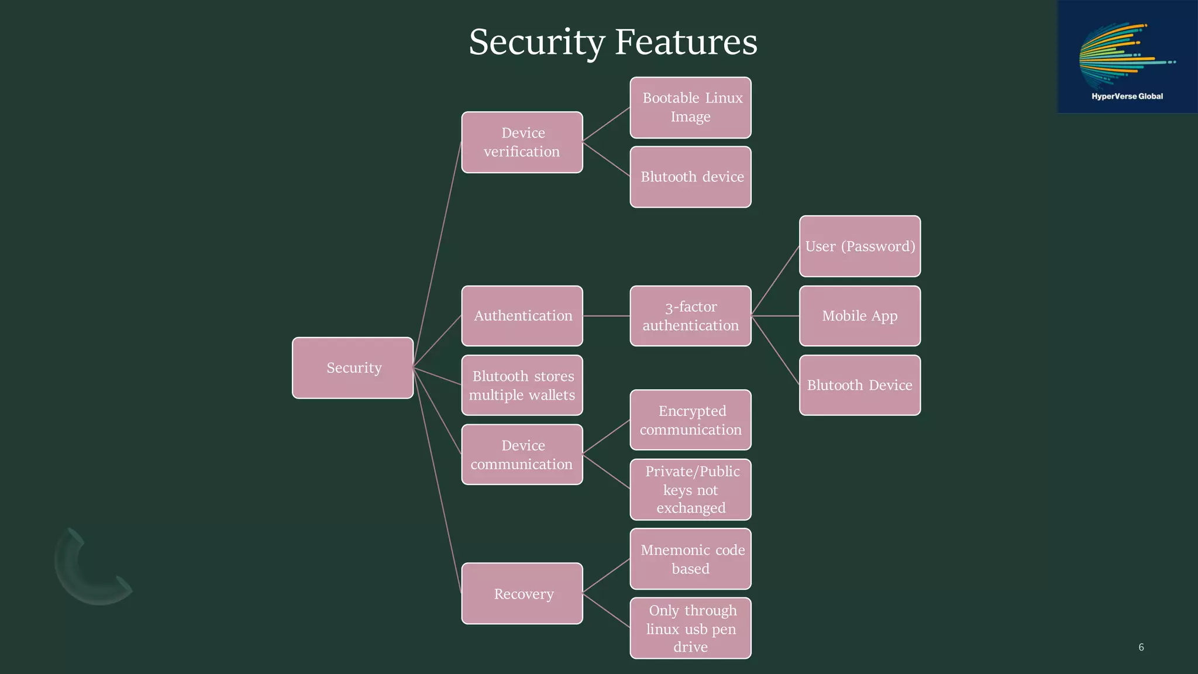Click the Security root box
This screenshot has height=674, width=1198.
point(353,367)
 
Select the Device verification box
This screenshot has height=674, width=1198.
point(522,142)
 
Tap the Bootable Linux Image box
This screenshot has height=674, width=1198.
point(690,108)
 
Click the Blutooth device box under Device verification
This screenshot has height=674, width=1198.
point(690,177)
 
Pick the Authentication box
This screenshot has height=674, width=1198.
point(522,316)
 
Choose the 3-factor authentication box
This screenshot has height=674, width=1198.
point(690,316)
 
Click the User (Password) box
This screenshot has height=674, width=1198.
point(860,246)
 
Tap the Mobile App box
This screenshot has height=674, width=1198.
point(860,316)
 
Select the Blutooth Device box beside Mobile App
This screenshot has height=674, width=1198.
point(860,385)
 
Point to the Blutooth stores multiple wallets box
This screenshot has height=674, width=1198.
point(522,385)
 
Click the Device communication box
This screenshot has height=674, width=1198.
point(522,455)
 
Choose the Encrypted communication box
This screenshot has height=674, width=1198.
point(690,420)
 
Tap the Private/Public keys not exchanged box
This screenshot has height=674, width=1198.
point(690,490)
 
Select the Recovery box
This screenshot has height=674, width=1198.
point(522,593)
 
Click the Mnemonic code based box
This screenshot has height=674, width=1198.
point(690,559)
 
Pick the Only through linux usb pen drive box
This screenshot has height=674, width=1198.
point(690,628)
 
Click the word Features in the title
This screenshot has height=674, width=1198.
point(686,42)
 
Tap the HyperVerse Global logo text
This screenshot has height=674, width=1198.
point(1127,97)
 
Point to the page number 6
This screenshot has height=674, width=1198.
point(1141,647)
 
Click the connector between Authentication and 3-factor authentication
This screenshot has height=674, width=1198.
point(607,316)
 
